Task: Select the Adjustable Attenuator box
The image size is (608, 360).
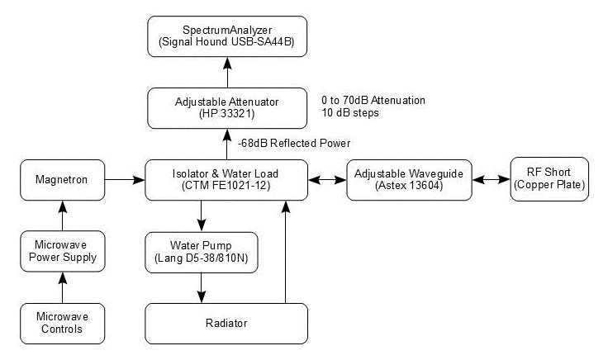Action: [x=226, y=107]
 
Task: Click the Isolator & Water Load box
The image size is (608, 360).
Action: [x=226, y=179]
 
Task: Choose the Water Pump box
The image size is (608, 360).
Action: [x=201, y=252]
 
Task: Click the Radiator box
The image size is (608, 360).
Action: [x=226, y=323]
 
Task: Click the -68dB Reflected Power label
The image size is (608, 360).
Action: [x=293, y=143]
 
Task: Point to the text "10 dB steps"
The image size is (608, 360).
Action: [x=350, y=113]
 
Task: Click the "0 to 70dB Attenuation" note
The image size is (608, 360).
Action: [x=373, y=100]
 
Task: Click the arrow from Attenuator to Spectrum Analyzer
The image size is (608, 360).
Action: [x=226, y=72]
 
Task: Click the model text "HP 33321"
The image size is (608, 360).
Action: [x=226, y=113]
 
